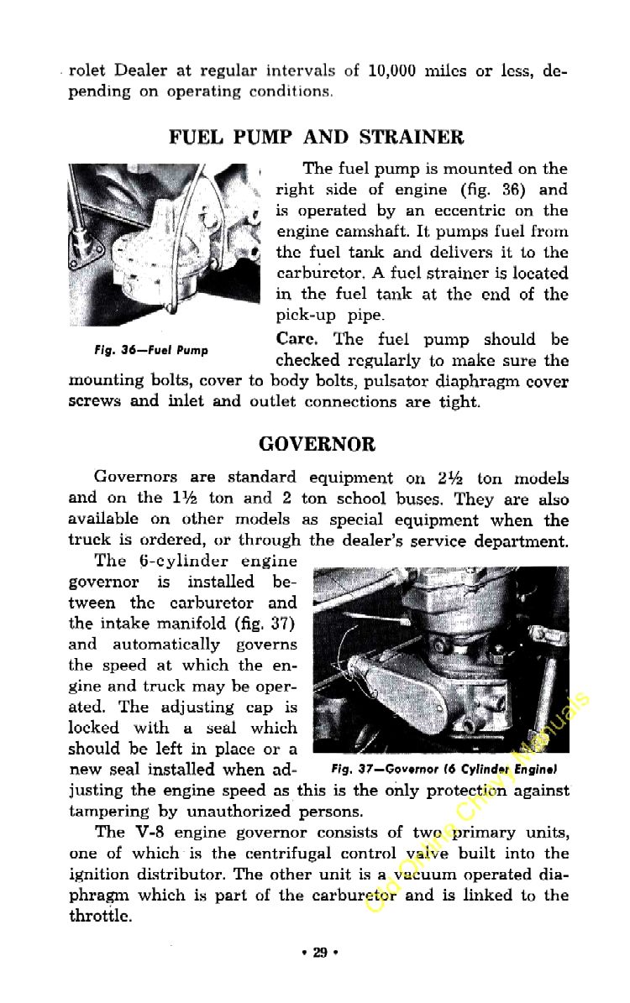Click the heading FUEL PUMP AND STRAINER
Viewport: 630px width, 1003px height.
click(x=316, y=137)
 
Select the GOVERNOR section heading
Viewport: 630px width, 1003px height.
click(x=317, y=443)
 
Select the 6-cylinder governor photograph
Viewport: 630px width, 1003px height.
click(x=439, y=659)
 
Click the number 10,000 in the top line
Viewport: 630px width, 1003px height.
click(x=392, y=71)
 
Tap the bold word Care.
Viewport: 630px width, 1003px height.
click(x=295, y=339)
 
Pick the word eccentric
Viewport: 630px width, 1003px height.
click(x=472, y=211)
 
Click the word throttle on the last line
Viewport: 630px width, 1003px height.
click(x=98, y=917)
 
